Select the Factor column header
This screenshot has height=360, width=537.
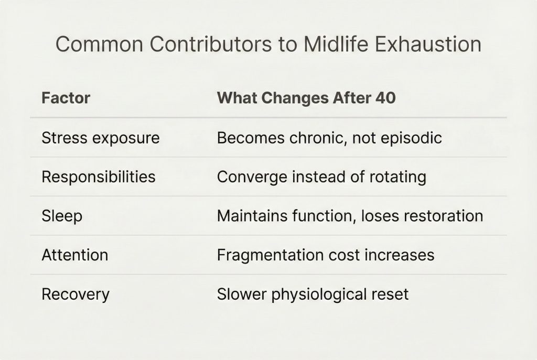[66, 98]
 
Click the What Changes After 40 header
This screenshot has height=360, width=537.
[306, 98]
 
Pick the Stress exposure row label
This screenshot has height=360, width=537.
[101, 138]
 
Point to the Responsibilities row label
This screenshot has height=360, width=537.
[99, 177]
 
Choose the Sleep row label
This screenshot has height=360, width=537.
[62, 216]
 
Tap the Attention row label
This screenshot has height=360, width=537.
[75, 255]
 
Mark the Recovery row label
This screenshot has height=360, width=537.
[76, 294]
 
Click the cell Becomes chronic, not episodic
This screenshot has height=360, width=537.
[329, 138]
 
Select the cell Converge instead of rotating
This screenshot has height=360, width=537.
[321, 177]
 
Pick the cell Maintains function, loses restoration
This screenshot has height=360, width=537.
[350, 216]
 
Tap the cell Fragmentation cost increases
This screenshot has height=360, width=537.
[325, 255]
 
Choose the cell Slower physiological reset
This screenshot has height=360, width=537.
[313, 294]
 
